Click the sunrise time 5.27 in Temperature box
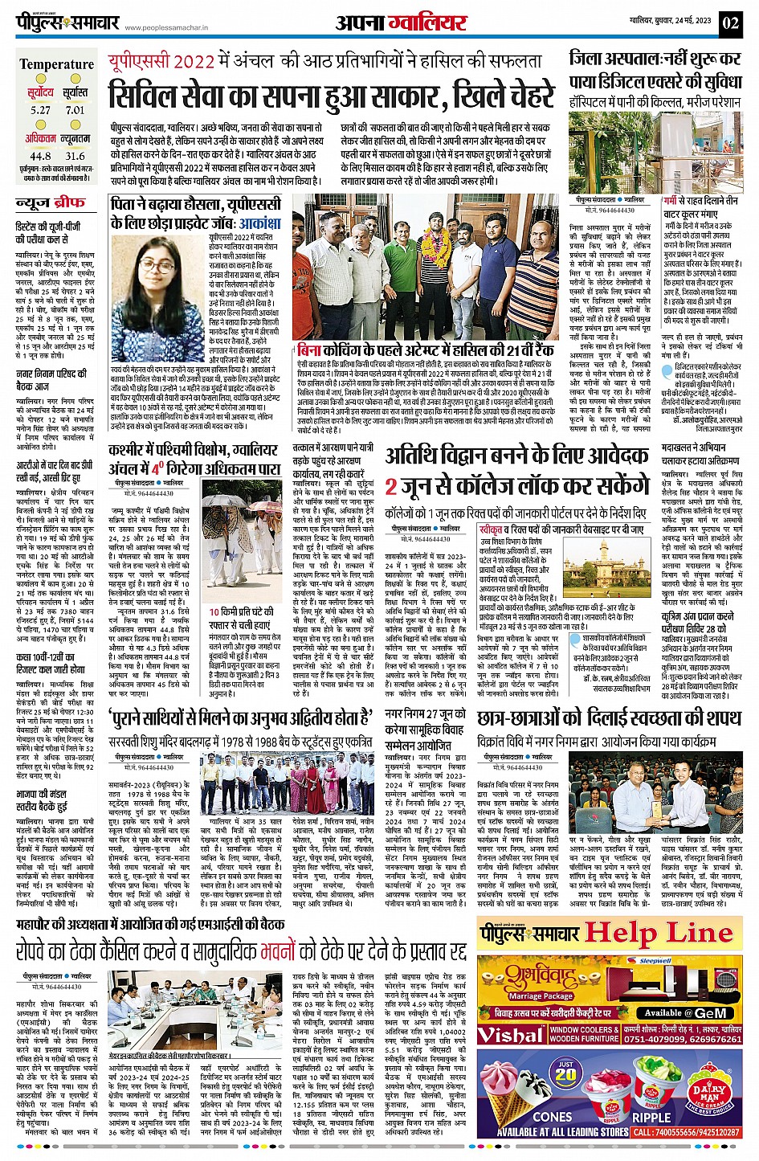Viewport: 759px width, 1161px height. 40,110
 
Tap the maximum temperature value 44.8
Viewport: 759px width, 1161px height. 40,156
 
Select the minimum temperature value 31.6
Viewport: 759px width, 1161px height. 75,156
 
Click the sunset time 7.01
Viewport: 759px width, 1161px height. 75,110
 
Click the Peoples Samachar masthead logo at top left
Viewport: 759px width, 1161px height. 71,22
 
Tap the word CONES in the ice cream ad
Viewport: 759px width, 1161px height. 553,1117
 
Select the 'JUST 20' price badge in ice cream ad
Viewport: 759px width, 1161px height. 565,1073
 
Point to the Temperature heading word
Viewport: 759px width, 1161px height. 56,64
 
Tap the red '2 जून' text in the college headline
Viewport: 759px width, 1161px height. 402,486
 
